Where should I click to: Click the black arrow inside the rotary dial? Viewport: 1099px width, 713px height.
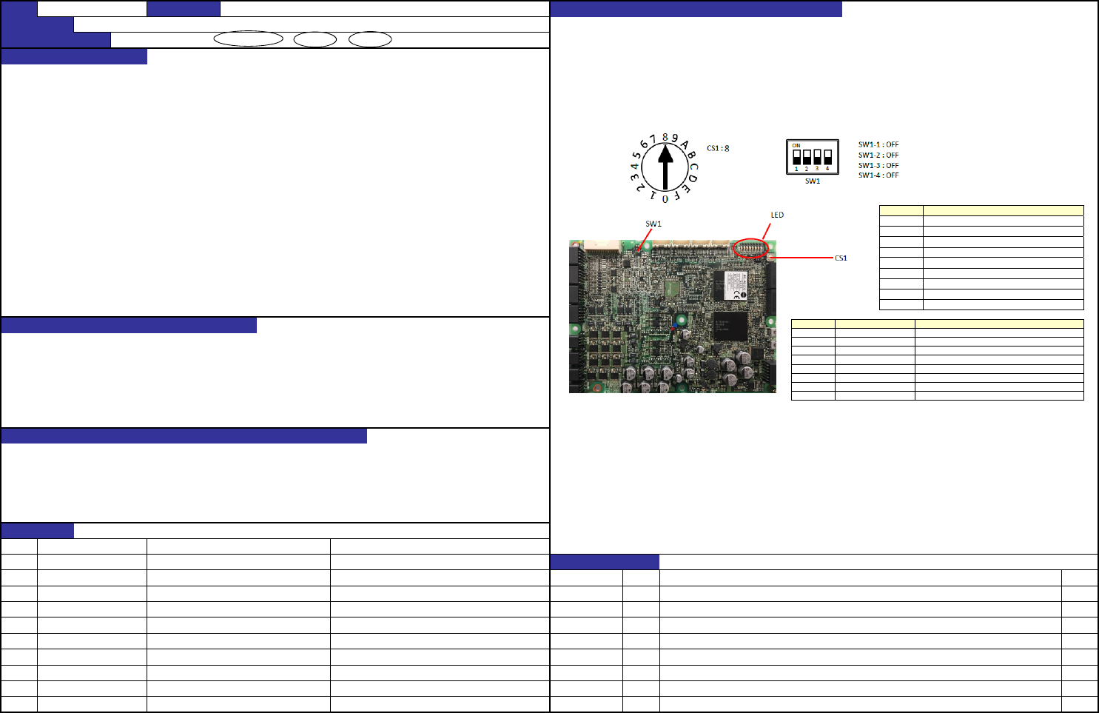[x=665, y=167]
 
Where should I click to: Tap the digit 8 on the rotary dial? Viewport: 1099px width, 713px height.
[x=665, y=137]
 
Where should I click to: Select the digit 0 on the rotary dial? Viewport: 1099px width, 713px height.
[x=665, y=199]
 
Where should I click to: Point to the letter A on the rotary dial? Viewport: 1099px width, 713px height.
[x=685, y=144]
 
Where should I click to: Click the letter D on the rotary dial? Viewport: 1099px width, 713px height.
[x=693, y=178]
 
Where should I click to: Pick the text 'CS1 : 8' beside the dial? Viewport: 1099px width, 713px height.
[x=718, y=148]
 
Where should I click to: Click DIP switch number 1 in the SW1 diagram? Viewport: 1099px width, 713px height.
[x=797, y=157]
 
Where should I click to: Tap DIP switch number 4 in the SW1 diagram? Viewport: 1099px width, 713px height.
[x=827, y=157]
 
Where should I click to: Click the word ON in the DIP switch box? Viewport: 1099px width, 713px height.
[x=796, y=146]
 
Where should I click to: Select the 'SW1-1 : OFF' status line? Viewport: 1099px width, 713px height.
[x=878, y=145]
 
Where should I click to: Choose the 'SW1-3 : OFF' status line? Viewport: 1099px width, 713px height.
[x=878, y=166]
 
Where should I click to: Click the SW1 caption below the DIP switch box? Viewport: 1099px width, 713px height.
[x=813, y=181]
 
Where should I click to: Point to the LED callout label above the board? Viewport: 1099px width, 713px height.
[x=777, y=215]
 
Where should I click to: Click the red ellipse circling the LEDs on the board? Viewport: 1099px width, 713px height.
[x=750, y=249]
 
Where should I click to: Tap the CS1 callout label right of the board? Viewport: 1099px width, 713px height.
[x=841, y=258]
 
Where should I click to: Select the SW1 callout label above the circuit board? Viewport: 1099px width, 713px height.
[x=653, y=224]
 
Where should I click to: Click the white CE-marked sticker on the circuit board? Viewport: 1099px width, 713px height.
[x=730, y=285]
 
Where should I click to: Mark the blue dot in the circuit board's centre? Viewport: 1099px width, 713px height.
[x=672, y=327]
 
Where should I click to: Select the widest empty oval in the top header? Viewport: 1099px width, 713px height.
[x=248, y=39]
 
